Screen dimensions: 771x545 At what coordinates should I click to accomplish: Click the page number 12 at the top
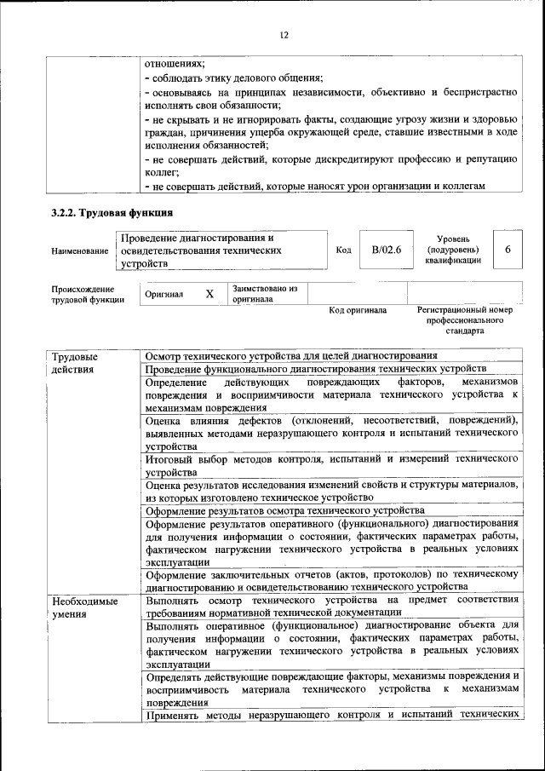pos(284,35)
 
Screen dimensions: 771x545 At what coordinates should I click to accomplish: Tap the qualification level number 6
pos(508,250)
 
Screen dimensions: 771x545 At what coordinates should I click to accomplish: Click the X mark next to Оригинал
pos(209,294)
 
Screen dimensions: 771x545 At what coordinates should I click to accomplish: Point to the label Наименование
pos(79,251)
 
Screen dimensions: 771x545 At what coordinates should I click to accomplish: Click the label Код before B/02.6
pos(343,250)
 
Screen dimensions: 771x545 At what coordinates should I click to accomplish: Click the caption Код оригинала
pos(358,311)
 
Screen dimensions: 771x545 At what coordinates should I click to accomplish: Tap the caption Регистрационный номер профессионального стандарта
pos(465,320)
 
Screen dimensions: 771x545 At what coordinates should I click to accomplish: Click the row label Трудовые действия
pos(74,362)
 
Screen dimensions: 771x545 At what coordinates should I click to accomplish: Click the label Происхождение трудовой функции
pos(83,294)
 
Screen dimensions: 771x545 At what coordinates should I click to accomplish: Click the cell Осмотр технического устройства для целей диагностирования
pos(291,355)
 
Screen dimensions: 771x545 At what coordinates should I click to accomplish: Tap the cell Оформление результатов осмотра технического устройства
pos(285,511)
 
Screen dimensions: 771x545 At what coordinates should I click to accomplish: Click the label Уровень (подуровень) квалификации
pos(453,250)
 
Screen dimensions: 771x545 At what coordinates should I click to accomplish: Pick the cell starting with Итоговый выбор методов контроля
pos(331,464)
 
